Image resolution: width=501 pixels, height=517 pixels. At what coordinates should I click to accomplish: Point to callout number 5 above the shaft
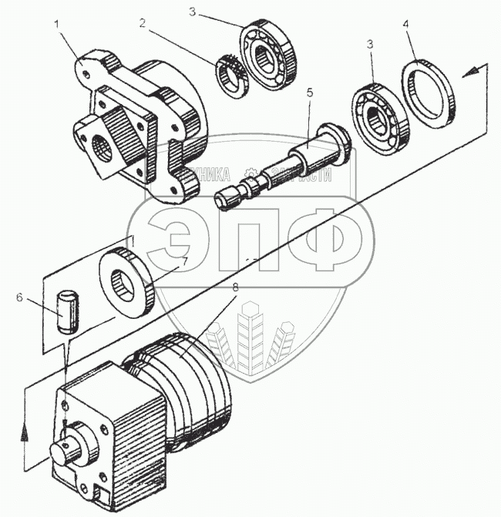click(310, 92)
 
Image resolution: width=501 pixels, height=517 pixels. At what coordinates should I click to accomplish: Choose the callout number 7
click(184, 260)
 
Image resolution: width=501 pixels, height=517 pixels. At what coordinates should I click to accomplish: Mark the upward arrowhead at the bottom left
click(25, 432)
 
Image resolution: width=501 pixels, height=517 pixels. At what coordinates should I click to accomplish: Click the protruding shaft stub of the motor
click(63, 451)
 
